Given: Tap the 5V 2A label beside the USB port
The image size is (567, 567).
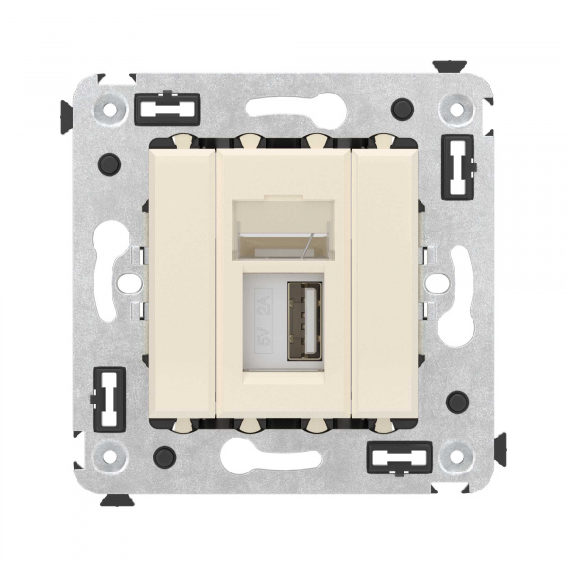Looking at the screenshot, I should pyautogui.click(x=264, y=319).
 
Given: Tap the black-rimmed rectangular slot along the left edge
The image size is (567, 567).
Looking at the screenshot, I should pyautogui.click(x=110, y=389).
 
